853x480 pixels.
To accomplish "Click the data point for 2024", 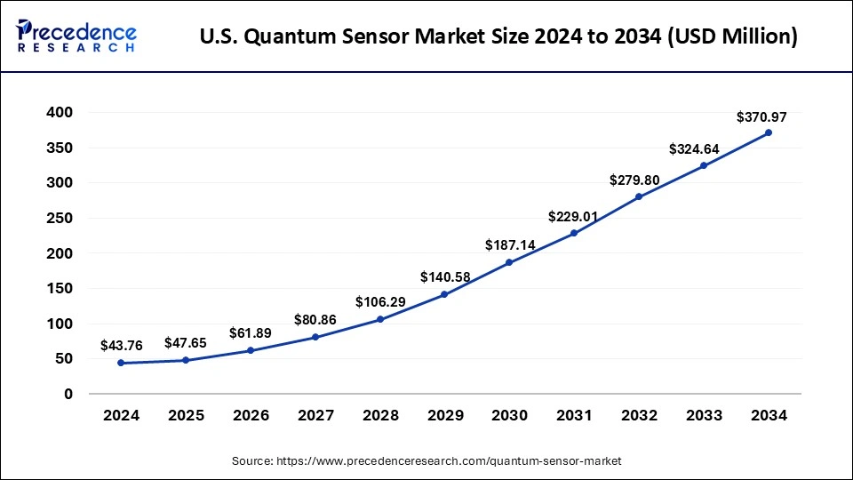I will tap(121, 363).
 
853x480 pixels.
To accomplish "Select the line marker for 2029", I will tap(444, 294).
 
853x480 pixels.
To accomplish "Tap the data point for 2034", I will tap(769, 132).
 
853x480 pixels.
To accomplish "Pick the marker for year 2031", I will tap(574, 233).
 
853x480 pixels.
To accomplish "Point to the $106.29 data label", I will tap(380, 302).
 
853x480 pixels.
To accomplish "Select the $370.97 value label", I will tap(761, 116).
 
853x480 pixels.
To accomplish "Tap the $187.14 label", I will tap(509, 244).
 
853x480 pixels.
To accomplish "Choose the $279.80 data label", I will tap(634, 180).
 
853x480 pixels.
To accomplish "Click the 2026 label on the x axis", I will tap(251, 415).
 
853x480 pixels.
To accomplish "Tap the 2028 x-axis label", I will tap(380, 415).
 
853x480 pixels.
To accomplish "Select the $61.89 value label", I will tap(251, 332).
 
